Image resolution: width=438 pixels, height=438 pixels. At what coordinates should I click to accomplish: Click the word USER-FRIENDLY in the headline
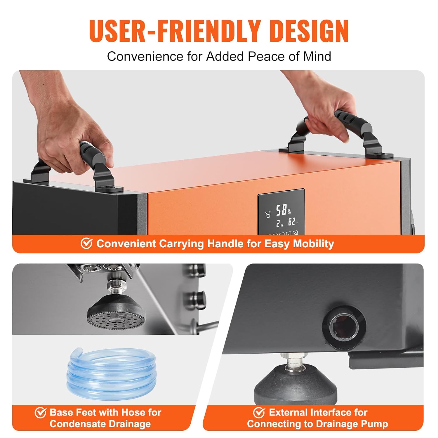click(175, 31)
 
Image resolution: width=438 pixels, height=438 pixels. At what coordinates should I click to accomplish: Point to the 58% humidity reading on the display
click(284, 210)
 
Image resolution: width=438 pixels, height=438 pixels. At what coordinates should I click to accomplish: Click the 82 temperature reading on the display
click(293, 222)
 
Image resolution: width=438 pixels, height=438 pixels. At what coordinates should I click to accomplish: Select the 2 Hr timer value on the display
click(280, 224)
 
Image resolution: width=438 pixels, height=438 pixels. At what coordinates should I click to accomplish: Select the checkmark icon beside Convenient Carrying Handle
click(86, 243)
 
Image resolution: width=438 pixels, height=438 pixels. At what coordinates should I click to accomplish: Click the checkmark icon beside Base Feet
click(41, 412)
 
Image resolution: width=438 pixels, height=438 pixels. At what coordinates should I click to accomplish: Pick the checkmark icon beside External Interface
click(259, 412)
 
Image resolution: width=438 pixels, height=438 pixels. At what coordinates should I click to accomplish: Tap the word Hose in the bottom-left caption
click(133, 412)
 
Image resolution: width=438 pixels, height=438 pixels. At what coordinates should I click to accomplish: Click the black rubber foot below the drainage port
click(296, 383)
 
